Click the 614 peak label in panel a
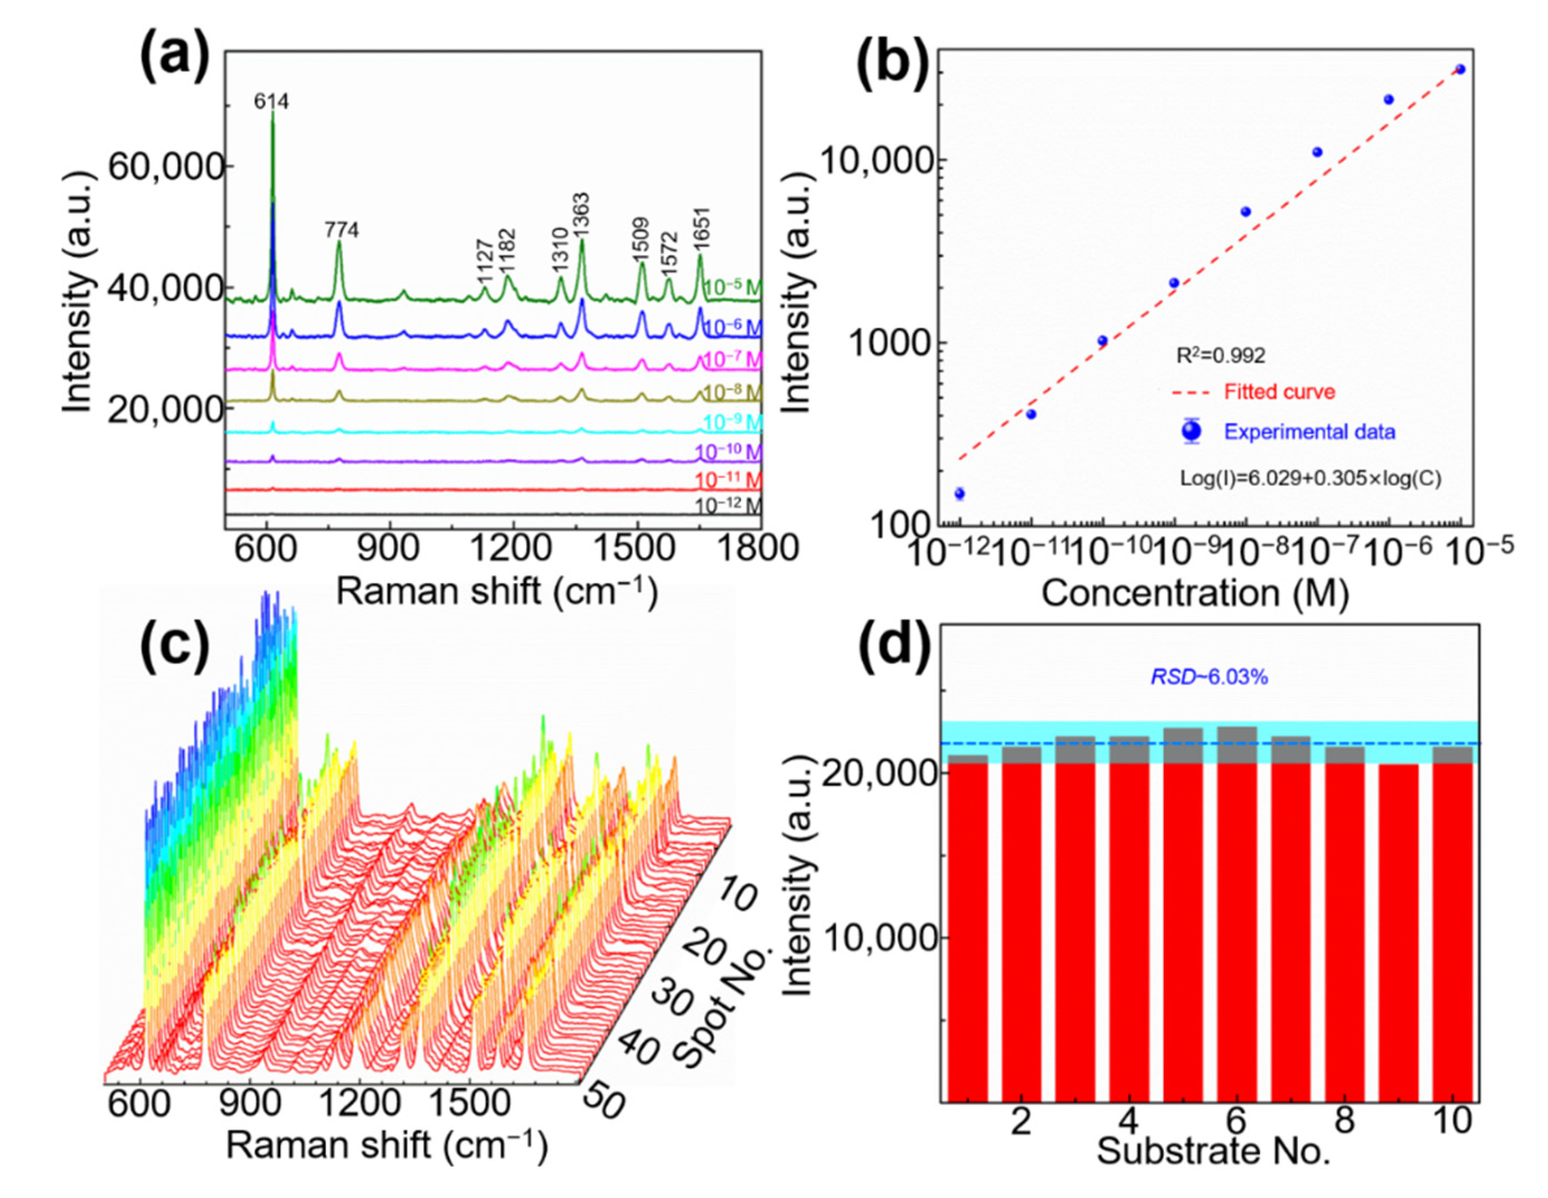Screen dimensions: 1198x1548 [x=271, y=102]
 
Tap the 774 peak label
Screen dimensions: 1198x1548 [x=342, y=230]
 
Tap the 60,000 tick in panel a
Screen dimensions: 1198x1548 [x=167, y=167]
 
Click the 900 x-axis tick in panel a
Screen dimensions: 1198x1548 [x=389, y=548]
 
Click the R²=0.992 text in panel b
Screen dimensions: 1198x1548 [x=1220, y=355]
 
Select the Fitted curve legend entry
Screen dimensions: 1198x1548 [x=1280, y=392]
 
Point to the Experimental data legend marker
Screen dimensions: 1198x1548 [x=1192, y=431]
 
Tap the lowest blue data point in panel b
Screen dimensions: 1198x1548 [x=960, y=493]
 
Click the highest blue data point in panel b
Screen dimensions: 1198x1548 [x=1460, y=69]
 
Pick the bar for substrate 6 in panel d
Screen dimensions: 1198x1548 [x=1237, y=914]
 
